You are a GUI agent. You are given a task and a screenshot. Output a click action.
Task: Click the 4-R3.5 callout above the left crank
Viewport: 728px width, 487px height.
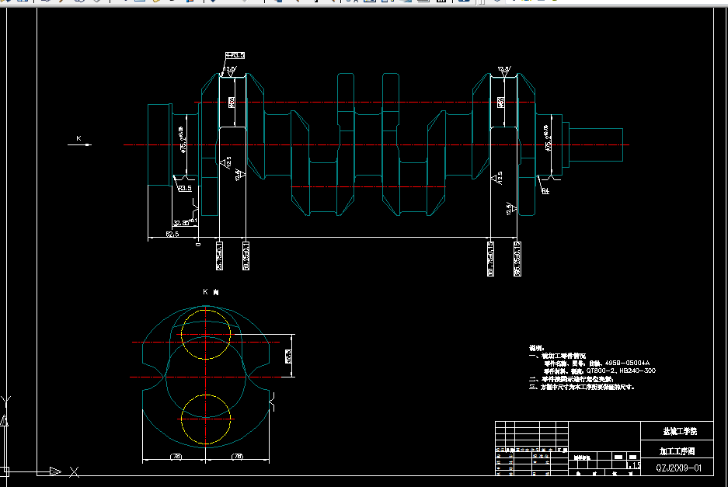click(x=235, y=55)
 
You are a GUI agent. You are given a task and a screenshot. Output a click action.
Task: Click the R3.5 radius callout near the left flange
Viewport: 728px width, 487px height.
click(x=185, y=188)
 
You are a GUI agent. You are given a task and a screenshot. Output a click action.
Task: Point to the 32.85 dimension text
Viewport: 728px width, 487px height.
click(x=180, y=223)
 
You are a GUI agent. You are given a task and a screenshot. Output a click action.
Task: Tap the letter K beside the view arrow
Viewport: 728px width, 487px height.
click(x=78, y=138)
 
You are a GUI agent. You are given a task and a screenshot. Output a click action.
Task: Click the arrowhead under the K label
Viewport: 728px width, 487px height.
click(x=88, y=144)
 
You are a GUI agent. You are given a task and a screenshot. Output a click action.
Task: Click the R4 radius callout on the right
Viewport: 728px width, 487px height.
click(x=545, y=190)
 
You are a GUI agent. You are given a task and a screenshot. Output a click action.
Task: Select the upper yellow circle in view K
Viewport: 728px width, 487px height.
click(x=206, y=333)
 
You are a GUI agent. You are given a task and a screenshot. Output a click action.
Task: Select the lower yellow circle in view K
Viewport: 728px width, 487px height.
click(x=206, y=419)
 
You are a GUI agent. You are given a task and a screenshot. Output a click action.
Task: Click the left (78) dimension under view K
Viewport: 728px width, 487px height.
click(x=176, y=457)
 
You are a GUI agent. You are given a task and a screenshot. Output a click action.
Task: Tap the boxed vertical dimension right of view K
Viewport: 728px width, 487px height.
click(x=288, y=356)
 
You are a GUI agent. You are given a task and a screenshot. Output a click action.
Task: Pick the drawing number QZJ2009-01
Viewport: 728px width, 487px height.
click(x=678, y=468)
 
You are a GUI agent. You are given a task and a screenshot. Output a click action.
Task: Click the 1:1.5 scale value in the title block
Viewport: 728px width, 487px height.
click(x=636, y=465)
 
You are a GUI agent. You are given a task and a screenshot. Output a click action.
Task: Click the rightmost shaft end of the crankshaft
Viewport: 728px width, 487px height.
click(x=614, y=144)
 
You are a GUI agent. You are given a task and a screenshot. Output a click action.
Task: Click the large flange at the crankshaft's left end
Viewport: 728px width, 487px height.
click(x=159, y=144)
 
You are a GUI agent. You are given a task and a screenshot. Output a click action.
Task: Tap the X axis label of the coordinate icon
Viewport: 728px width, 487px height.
click(x=74, y=471)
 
